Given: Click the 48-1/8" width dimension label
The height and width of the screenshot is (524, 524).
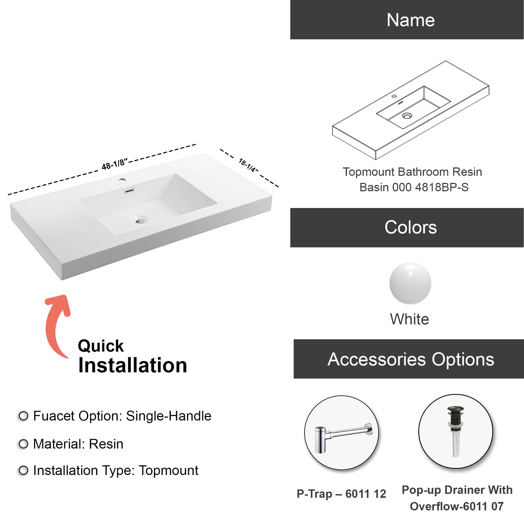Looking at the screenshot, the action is click(x=114, y=164).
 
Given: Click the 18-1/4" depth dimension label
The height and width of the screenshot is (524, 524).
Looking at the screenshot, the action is click(x=249, y=165).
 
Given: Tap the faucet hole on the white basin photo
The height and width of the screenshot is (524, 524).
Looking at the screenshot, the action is click(x=122, y=180).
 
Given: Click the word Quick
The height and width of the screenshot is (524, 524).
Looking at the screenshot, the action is click(x=101, y=346).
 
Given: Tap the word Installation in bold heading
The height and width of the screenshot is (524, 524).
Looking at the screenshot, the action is click(x=133, y=366).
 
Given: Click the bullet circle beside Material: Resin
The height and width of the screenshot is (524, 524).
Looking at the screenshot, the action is click(x=23, y=444).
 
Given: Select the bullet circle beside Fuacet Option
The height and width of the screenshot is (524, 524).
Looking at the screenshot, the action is click(x=23, y=416).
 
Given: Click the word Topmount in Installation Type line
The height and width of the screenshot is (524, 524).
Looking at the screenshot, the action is click(x=169, y=471).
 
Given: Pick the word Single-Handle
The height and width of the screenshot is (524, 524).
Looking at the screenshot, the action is click(x=169, y=416).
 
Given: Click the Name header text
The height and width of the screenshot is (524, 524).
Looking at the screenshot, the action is click(x=410, y=20).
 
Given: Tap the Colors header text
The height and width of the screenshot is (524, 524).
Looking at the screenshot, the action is click(x=410, y=227).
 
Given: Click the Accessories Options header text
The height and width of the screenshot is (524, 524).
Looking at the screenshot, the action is click(x=411, y=359).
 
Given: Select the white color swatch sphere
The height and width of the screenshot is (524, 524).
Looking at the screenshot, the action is click(x=410, y=283).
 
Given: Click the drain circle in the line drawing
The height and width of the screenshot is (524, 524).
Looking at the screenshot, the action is click(x=407, y=116).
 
